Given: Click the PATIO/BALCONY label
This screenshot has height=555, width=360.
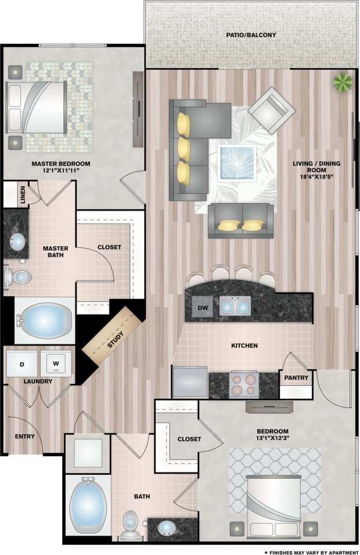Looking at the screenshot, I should point(251,35).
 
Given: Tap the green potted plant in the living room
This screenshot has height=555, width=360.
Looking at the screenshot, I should point(343,82).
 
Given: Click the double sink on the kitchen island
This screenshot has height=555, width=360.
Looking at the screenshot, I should point(235,306).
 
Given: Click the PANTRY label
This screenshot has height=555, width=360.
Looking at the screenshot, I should point(297,378).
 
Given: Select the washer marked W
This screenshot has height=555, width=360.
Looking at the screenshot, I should point(57,364).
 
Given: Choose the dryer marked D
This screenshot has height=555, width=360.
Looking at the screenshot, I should point(22,364).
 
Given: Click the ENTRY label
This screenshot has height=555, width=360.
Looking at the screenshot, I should point(24,436).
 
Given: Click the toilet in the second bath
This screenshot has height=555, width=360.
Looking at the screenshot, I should point(130,524).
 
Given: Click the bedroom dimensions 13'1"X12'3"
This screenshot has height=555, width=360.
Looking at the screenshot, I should point(273,440).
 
